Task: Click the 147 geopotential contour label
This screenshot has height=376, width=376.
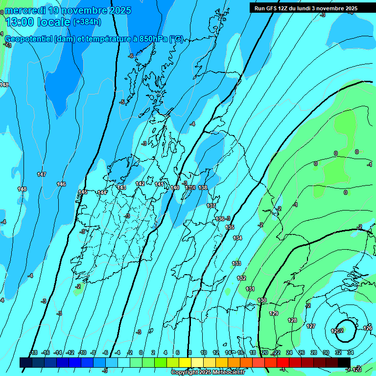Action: (41, 174)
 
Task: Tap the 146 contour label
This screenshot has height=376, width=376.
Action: (61, 184)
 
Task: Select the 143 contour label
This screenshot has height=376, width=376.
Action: (122, 188)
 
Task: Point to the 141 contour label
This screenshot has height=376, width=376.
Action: (159, 184)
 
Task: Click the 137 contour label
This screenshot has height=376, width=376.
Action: (211, 206)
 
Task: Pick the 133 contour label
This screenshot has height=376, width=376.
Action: (236, 263)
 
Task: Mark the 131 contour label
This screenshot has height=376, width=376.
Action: (250, 289)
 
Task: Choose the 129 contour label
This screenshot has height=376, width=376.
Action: (274, 313)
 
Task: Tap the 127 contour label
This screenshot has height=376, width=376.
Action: (311, 326)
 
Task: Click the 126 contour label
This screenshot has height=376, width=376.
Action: (368, 328)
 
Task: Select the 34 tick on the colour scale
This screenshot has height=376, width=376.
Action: (350, 352)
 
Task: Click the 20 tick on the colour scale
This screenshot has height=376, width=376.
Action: (265, 352)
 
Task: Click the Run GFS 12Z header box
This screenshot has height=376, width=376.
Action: (306, 8)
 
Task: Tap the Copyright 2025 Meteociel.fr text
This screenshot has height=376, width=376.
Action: (207, 372)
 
